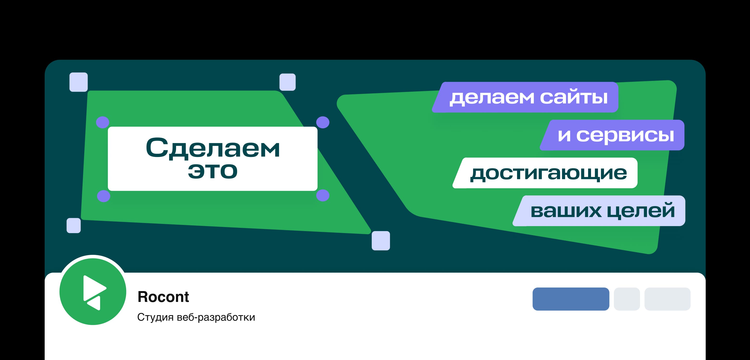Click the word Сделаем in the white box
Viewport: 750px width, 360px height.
213,148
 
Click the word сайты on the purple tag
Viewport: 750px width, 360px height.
574,97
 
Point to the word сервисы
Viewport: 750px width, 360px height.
625,135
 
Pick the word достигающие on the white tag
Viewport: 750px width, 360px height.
549,173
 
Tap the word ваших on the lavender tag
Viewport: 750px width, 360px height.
566,211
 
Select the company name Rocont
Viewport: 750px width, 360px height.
163,297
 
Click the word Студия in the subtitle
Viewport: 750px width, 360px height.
155,317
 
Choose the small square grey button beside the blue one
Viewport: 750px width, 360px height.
627,299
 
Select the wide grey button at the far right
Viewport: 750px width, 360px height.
667,299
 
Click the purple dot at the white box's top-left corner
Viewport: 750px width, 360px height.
103,122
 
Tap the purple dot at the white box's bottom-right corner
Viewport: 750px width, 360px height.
323,195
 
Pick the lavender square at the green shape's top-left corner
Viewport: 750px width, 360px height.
79,82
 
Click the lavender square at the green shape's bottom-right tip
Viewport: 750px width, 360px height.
381,241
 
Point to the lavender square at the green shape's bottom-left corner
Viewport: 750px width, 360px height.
74,226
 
